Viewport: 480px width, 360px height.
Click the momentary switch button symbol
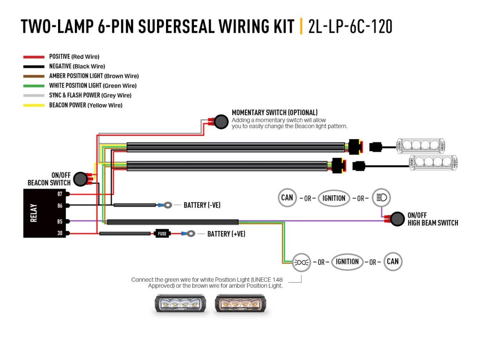(x=220, y=122)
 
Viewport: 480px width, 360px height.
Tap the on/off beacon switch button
(x=82, y=179)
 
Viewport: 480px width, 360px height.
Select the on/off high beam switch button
(x=397, y=219)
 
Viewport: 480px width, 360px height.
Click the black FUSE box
(x=162, y=234)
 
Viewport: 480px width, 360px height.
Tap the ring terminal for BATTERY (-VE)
(x=167, y=205)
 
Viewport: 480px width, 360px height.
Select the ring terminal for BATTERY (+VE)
(x=191, y=234)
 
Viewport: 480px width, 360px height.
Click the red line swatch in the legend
(x=34, y=57)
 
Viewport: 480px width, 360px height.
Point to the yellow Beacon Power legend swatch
(x=34, y=105)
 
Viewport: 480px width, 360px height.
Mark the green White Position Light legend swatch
(x=34, y=86)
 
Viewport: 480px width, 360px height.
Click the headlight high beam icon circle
(x=382, y=197)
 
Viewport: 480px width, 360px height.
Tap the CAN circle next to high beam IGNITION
(x=287, y=197)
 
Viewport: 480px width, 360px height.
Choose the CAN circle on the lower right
(x=393, y=262)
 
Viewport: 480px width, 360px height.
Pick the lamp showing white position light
(x=179, y=304)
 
